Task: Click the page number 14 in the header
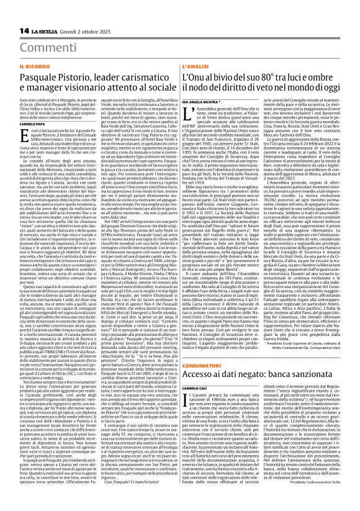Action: [11, 13]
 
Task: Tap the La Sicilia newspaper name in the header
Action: [42, 13]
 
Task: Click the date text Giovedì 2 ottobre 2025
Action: [86, 13]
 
